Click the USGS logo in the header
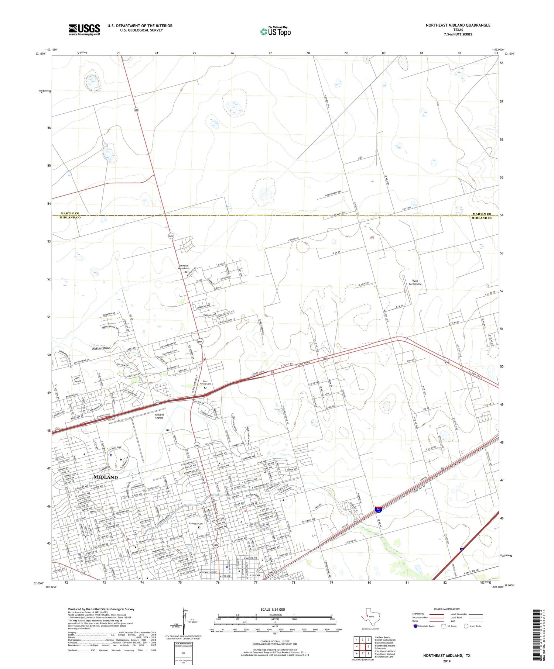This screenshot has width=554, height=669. point(84,30)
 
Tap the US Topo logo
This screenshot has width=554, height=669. point(276,31)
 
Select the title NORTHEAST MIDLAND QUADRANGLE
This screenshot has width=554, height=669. point(458,25)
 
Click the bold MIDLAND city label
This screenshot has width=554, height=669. point(106,477)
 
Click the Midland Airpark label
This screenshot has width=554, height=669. point(159,416)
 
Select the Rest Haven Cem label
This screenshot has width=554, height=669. point(205,383)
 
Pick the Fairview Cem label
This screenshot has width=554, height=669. point(196,524)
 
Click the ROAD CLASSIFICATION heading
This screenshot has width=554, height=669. point(447,609)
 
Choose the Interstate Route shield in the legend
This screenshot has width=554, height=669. point(415,626)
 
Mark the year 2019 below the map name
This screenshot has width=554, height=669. point(447,661)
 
